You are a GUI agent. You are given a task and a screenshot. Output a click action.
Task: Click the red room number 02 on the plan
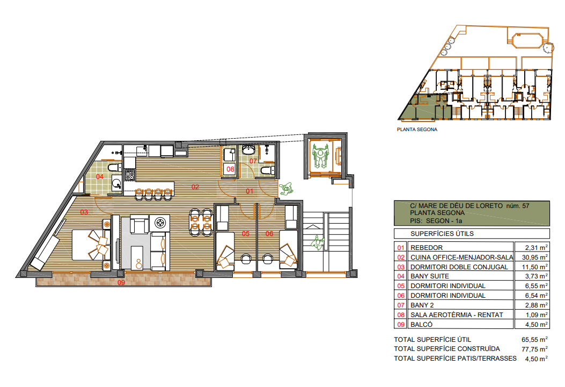tap(195, 187)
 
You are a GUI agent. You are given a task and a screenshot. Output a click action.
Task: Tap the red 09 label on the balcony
tap(121, 282)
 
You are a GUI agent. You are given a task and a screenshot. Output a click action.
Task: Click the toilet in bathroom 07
tap(267, 170)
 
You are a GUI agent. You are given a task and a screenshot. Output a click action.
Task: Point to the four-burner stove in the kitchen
tap(130, 175)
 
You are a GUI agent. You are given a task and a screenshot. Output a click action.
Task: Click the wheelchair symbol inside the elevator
tap(320, 156)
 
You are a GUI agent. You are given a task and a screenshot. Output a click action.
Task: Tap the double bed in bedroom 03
tap(91, 245)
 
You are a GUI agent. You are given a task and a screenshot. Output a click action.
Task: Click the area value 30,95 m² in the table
tap(535, 257)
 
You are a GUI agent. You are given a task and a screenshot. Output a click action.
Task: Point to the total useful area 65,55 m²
tap(534, 339)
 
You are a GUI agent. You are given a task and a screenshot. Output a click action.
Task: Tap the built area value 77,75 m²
tap(534, 349)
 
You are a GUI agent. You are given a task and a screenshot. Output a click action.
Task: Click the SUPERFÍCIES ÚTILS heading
tap(442, 234)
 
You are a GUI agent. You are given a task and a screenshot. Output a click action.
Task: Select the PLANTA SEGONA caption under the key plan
tap(417, 129)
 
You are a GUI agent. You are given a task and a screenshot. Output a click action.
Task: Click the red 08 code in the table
tap(401, 315)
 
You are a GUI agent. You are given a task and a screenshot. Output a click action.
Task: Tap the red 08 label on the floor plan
tap(230, 169)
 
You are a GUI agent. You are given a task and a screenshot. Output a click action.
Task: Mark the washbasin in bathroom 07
tap(248, 149)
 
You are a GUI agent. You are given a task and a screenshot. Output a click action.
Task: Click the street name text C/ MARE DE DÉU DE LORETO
tap(456, 206)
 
